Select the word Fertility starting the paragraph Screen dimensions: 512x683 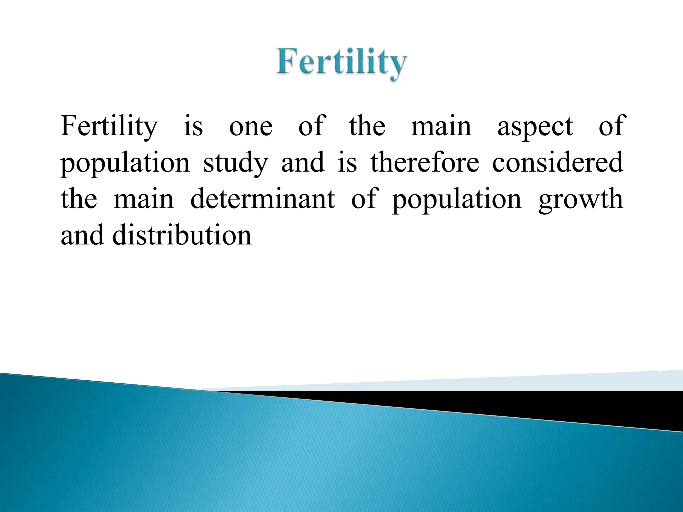(109, 127)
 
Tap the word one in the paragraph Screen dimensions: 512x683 (250, 127)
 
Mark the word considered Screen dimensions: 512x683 (558, 163)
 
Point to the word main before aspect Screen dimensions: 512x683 (441, 127)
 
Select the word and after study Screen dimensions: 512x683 (303, 163)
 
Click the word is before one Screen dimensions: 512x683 (193, 127)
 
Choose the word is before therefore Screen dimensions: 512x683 (348, 163)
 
